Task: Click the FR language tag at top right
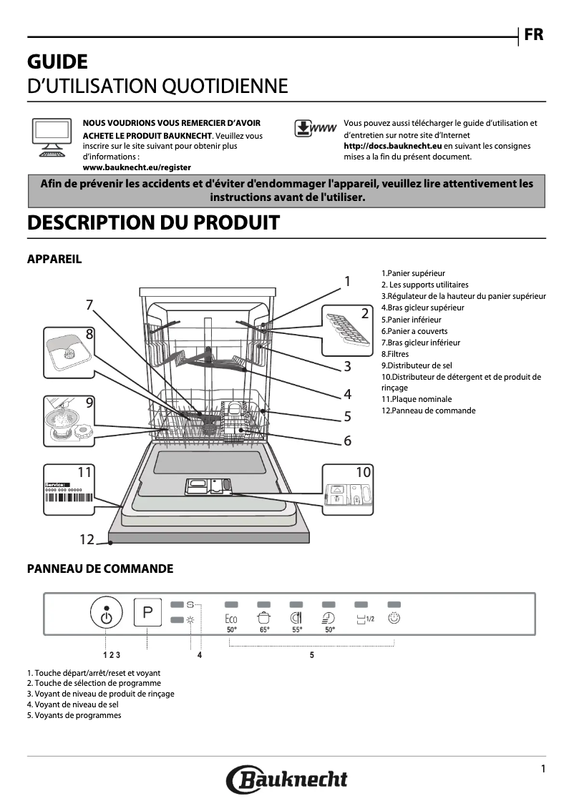[x=534, y=35]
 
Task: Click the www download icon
[x=315, y=128]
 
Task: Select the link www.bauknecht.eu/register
[x=137, y=167]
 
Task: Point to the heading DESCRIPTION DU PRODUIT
[x=153, y=222]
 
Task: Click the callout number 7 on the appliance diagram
[x=89, y=305]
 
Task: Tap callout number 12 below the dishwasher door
[x=87, y=539]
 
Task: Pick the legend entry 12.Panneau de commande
[x=428, y=411]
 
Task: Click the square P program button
[x=148, y=613]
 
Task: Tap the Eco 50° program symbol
[x=231, y=622]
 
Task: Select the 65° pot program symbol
[x=264, y=621]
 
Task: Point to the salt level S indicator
[x=190, y=604]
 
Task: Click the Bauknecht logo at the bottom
[x=287, y=780]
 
